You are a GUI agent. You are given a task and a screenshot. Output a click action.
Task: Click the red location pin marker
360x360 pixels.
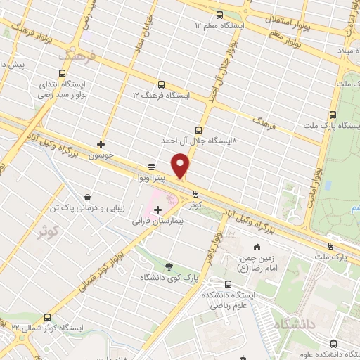(x=181, y=165)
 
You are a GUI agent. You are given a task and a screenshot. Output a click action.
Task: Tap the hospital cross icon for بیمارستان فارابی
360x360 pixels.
(x=157, y=210)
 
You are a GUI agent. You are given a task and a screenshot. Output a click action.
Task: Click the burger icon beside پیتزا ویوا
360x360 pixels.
(x=151, y=167)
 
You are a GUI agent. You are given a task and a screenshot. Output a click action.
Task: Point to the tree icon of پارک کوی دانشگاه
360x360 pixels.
(x=168, y=265)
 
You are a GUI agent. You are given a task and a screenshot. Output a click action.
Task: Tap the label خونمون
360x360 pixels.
(x=101, y=155)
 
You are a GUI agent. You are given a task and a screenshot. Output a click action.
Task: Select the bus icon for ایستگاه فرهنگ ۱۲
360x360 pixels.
(x=162, y=84)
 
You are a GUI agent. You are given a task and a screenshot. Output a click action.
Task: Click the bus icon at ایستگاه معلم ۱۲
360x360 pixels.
(x=219, y=15)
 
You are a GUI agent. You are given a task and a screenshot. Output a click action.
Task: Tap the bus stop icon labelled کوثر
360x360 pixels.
(x=195, y=194)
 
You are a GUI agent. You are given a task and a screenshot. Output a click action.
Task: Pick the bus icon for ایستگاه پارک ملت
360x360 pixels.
(x=333, y=115)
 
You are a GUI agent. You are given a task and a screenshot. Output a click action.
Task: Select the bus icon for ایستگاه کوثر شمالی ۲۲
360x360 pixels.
(x=48, y=317)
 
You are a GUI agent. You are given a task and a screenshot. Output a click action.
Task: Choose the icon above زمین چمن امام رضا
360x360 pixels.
(x=257, y=246)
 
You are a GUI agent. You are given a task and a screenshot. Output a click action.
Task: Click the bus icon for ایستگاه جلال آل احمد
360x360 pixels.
(x=198, y=129)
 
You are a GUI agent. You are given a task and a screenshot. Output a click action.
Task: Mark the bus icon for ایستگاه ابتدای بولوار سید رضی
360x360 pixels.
(x=63, y=72)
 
